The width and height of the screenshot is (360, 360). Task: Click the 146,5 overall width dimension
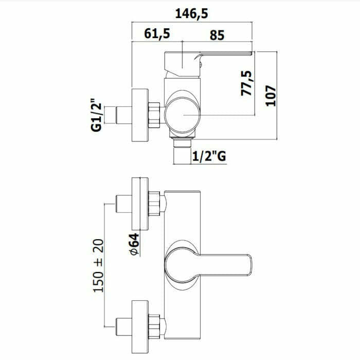[192, 13]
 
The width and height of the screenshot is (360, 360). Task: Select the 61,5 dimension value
[157, 33]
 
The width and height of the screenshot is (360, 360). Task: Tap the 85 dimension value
[217, 35]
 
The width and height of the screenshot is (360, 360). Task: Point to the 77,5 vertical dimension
[246, 83]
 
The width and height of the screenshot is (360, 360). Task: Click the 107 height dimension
[271, 96]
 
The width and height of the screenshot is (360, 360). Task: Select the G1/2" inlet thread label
[96, 115]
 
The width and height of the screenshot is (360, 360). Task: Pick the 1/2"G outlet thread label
[209, 156]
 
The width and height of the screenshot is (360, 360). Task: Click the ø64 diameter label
[135, 244]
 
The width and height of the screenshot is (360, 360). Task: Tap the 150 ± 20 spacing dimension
[99, 266]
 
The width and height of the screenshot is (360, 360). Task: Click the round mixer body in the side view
[183, 115]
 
